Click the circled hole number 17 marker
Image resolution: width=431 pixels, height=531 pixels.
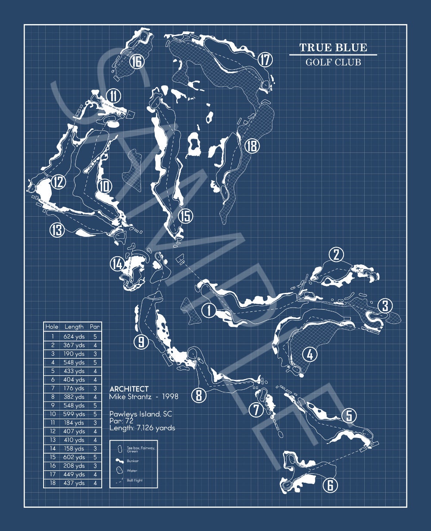265,60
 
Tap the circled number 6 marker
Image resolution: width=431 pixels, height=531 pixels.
330,485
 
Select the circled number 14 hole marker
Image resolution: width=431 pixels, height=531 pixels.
117,264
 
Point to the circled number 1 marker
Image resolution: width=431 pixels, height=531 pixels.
209,310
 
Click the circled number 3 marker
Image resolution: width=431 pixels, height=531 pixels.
385,306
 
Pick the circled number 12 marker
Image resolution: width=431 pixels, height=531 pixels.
58,182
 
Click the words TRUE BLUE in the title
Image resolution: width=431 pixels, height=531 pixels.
333,47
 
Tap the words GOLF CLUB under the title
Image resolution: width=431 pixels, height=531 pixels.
333,62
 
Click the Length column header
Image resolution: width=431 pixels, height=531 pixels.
74,327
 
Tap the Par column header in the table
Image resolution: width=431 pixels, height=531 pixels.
95,327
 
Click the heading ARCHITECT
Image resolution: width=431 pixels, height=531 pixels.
129,389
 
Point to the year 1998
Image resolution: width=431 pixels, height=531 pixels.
168,397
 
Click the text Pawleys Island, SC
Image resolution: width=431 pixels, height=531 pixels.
141,414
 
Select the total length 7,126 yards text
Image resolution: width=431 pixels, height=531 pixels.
142,428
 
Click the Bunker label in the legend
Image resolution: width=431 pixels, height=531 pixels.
133,461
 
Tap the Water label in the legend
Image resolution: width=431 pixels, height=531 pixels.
132,471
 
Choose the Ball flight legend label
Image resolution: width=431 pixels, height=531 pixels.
134,480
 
